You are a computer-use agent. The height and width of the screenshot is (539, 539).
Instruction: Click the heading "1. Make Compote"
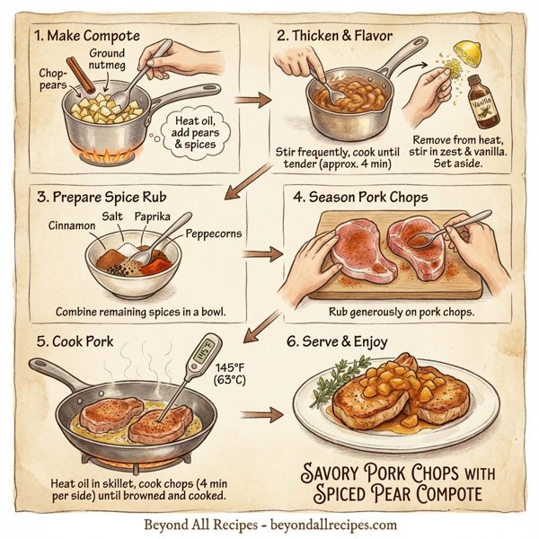87,37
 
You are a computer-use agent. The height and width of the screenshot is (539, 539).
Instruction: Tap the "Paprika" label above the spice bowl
153,217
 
